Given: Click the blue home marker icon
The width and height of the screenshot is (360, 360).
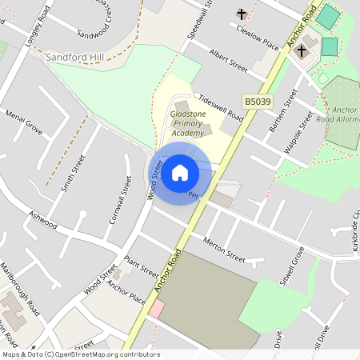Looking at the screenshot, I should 180,172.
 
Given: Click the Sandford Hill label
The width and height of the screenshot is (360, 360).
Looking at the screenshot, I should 75,58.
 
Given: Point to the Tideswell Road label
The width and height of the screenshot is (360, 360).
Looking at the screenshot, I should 221,105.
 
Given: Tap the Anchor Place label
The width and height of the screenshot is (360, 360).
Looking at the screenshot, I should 126,294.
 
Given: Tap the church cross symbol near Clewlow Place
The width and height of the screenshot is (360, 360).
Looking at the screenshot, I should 242,14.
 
